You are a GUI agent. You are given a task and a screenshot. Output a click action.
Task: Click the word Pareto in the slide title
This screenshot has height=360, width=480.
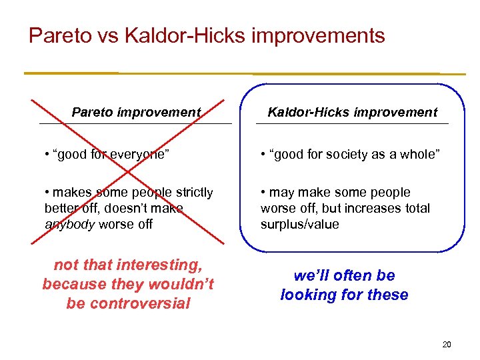coord(59,35)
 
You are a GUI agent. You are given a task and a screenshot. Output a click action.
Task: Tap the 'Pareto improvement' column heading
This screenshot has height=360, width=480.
coord(136,113)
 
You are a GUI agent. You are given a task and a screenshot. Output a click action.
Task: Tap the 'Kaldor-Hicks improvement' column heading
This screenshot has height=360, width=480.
coord(353,113)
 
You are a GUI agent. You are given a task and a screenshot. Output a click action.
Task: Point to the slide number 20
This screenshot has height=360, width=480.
coord(447,345)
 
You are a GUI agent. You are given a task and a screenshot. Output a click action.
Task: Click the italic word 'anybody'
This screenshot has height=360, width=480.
coord(69,225)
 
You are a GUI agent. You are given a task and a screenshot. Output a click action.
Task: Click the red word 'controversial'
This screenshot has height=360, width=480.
coord(128,303)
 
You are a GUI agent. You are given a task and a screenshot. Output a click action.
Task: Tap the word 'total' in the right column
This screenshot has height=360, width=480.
coord(415,209)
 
